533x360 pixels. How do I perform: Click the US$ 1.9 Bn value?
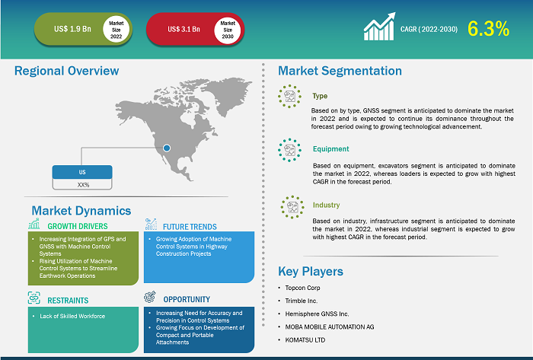point(72,29)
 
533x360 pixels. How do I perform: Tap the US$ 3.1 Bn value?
point(184,29)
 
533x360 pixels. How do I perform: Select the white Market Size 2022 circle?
point(116,30)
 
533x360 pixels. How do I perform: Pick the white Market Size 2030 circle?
point(228,30)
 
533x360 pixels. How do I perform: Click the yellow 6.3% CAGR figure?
point(489,28)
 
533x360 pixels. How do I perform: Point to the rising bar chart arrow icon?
point(379,27)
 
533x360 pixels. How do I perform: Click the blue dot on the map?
point(167,148)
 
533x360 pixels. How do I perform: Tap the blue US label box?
point(82,172)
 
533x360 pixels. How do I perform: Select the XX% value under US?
point(83,185)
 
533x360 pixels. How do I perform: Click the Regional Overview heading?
point(67,71)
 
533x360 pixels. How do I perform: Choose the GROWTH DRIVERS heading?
point(78,226)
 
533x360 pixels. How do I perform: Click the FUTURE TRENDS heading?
point(190,227)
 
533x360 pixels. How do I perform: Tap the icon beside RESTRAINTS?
point(34,298)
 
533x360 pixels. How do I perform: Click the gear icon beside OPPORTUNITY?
point(150,297)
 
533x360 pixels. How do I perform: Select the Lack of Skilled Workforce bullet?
point(72,316)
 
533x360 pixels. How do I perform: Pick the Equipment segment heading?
point(330,148)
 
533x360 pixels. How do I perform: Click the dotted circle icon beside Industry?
point(292,207)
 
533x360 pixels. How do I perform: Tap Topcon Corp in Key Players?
point(302,288)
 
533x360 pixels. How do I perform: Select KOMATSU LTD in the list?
point(305,340)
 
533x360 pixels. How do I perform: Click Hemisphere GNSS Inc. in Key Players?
point(317,314)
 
